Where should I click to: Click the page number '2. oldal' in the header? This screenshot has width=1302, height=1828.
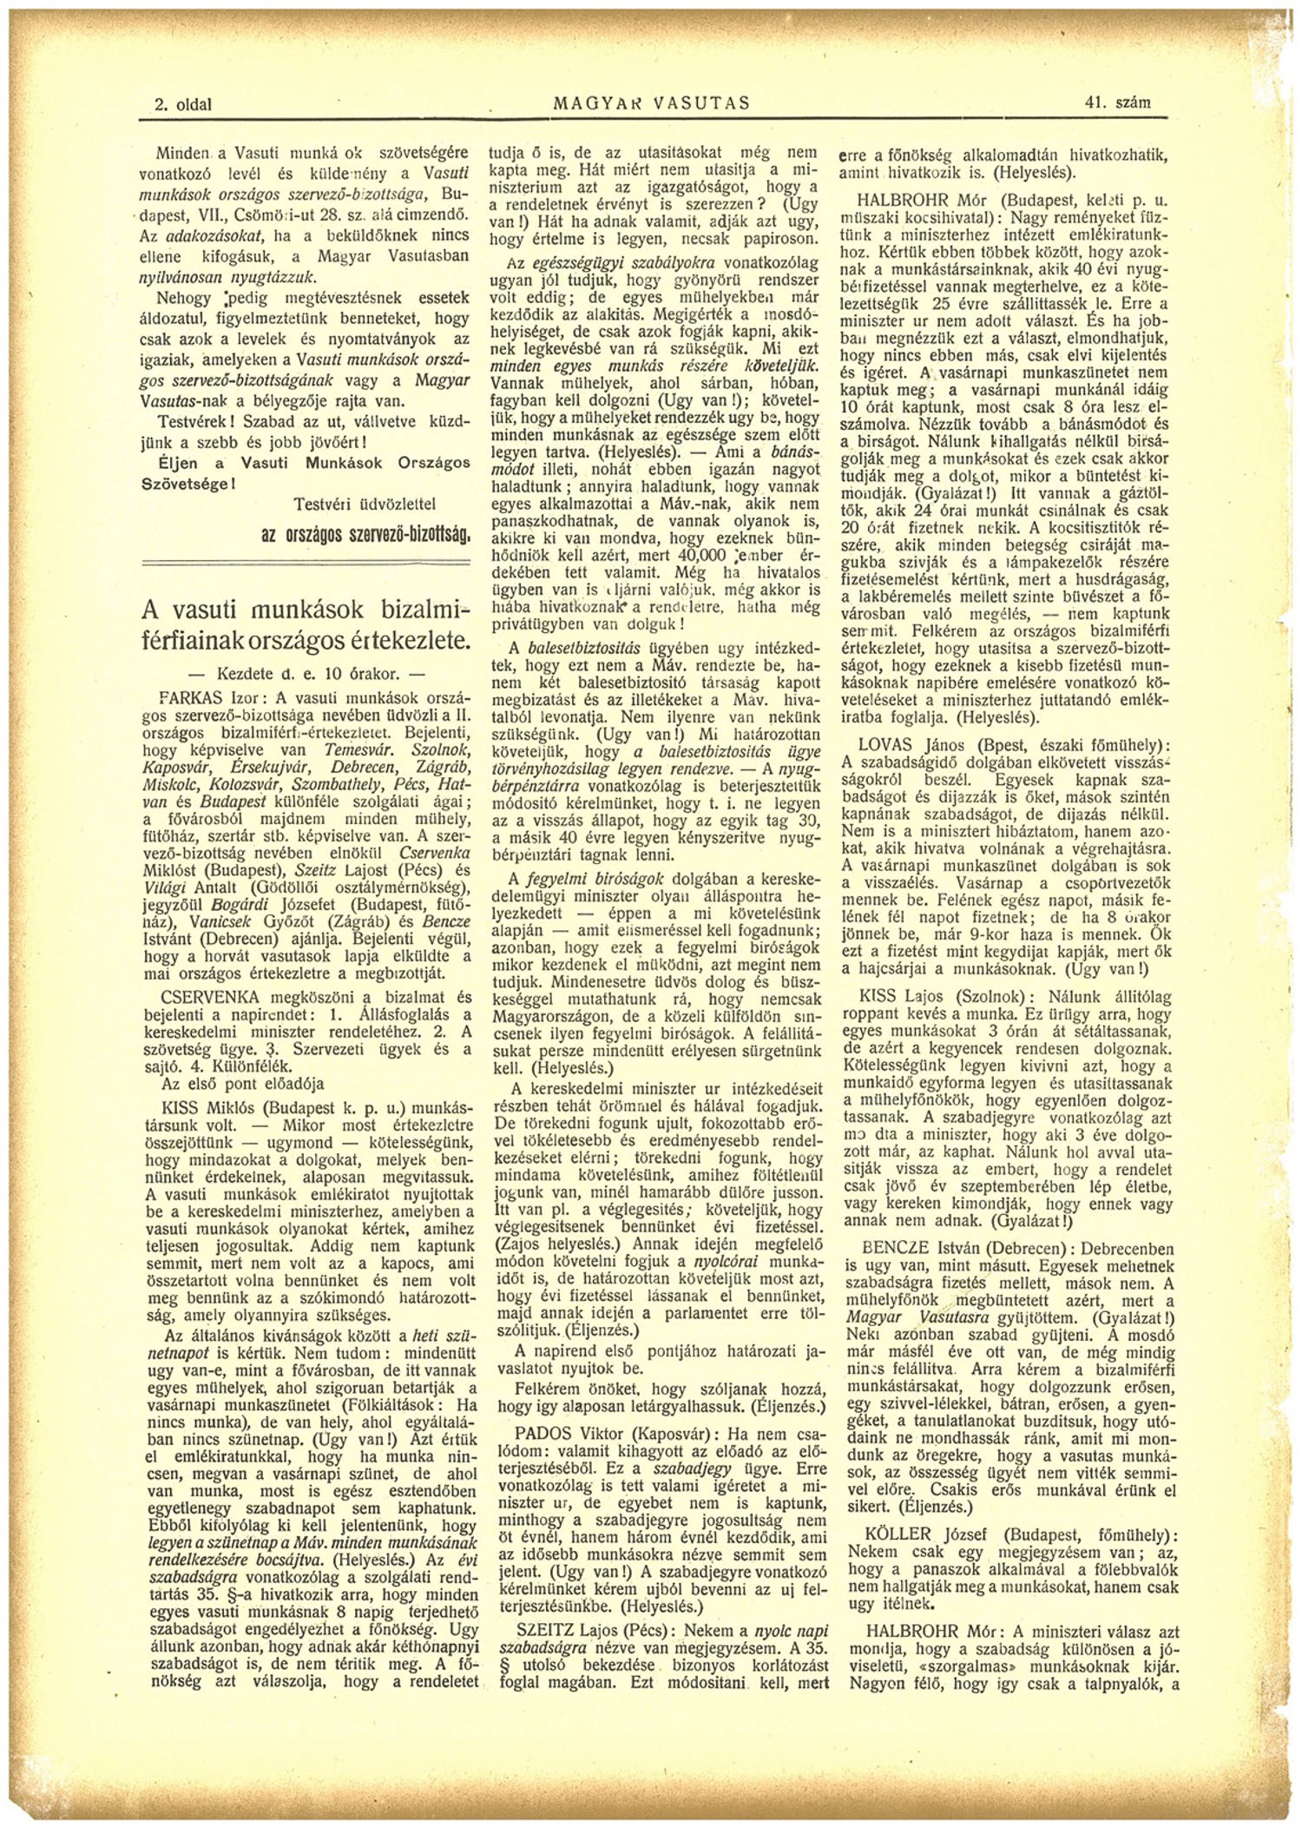(183, 104)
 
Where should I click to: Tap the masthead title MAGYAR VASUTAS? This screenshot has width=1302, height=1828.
(651, 103)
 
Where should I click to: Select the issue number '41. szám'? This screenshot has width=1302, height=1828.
(1117, 102)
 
